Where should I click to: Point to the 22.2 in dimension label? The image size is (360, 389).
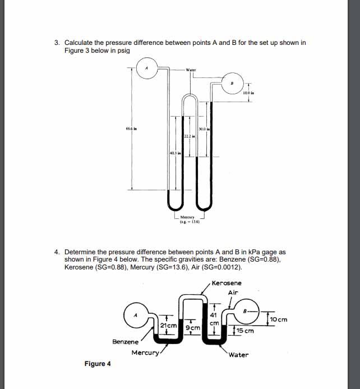point(189,136)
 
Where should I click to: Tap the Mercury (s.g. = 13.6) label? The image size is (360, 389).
point(187,219)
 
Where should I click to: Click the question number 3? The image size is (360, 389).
point(57,43)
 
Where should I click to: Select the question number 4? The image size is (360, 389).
point(57,252)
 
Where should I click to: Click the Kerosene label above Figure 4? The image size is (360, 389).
point(227,283)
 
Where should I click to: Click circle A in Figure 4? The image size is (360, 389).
point(135,315)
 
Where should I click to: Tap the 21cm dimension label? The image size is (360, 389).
point(168,326)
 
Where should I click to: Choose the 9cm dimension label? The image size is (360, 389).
point(192,326)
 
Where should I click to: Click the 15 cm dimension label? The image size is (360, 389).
point(244,331)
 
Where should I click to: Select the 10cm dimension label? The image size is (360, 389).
point(278,319)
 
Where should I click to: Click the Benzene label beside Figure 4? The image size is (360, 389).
point(126,341)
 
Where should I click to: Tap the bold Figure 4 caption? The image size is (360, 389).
point(98,364)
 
